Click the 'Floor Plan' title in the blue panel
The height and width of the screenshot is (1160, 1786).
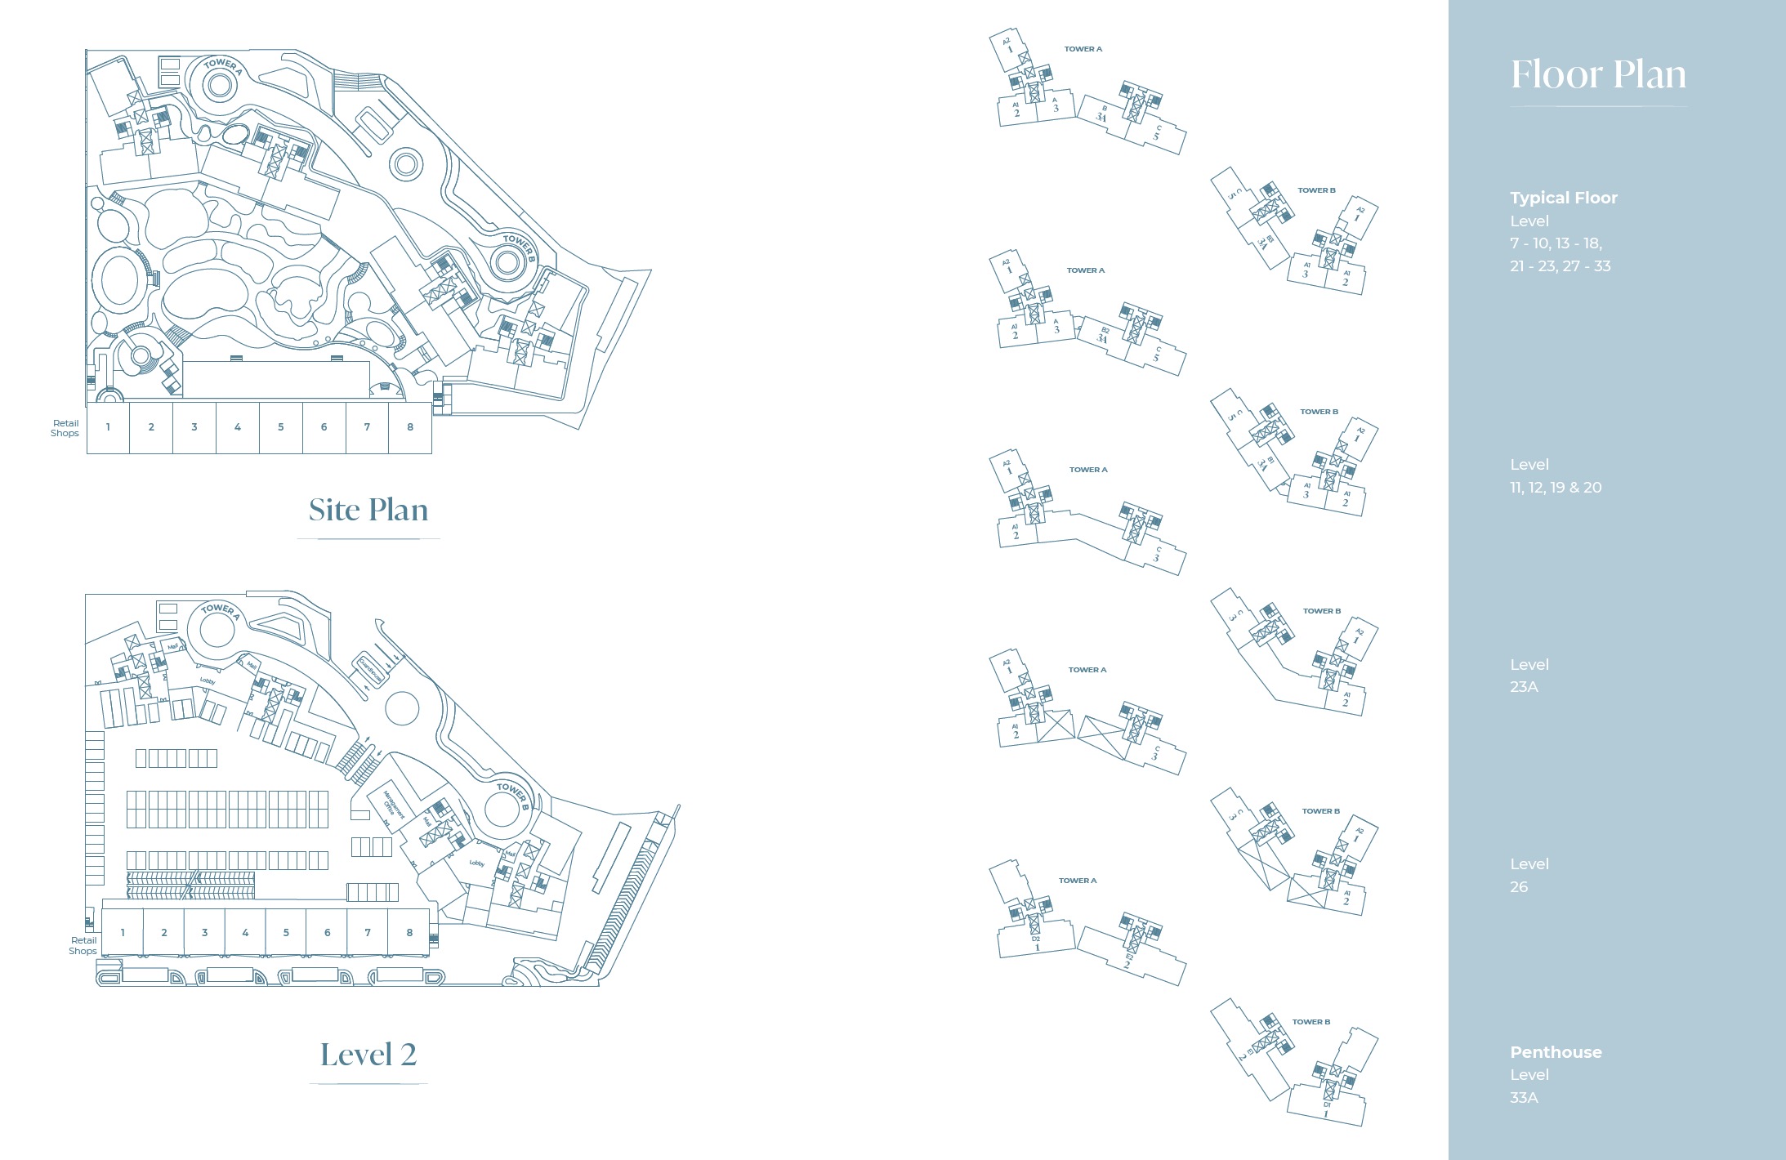coord(1597,74)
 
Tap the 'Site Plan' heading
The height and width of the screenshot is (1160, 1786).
coord(368,510)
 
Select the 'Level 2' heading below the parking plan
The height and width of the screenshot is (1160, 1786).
coord(368,1055)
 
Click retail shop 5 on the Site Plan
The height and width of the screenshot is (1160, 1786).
coord(281,427)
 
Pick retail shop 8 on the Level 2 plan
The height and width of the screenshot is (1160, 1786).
coord(409,933)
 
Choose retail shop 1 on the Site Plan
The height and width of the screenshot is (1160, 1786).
coord(108,427)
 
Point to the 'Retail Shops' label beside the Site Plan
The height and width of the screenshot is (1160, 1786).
coord(65,428)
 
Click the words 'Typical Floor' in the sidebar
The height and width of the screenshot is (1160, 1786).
coord(1563,198)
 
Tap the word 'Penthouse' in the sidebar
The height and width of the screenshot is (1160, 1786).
coord(1556,1052)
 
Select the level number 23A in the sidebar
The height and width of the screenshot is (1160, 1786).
coord(1524,687)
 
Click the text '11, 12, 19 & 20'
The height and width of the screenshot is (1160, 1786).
coord(1556,488)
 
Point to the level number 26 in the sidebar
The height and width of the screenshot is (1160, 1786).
coord(1519,887)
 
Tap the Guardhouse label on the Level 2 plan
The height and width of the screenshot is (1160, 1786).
coord(370,670)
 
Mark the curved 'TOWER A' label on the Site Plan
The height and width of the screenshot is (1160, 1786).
coord(222,65)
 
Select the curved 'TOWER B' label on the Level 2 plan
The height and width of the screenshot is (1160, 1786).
coord(513,794)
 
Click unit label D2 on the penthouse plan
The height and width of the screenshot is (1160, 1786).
coord(1036,939)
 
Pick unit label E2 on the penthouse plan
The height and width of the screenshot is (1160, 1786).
coord(1129,957)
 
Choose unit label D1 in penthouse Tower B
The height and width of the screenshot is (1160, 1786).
coord(1327,1105)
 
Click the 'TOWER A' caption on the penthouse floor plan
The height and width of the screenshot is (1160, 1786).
coord(1078,881)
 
